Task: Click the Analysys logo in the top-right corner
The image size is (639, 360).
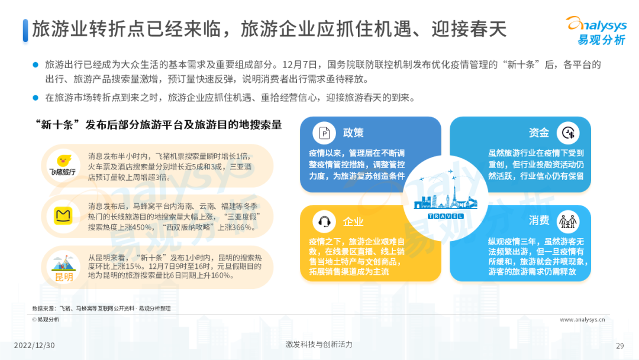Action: pos(596,31)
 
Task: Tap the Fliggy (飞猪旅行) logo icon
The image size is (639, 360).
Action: pos(63,165)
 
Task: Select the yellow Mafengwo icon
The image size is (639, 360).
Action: pos(63,216)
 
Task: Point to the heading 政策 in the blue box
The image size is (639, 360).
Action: pos(353,133)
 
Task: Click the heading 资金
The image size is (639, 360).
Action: pos(539,133)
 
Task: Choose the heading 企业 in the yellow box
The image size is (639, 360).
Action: pos(353,222)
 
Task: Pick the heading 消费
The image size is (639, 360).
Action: pos(539,221)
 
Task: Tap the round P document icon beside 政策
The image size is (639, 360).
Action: pos(324,133)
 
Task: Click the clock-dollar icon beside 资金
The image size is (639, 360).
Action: pos(568,133)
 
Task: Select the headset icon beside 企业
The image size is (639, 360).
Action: pos(324,221)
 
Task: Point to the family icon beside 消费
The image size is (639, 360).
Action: pos(568,221)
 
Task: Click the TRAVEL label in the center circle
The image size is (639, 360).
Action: pos(446,216)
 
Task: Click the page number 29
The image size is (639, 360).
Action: pos(620,346)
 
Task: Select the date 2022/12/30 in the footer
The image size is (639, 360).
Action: pos(34,345)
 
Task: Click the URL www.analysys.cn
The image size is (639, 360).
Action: pos(582,320)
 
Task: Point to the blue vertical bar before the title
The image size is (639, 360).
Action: pos(25,31)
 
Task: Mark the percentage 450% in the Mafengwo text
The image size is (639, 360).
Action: pos(140,227)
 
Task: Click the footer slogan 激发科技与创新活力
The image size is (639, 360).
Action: pos(319,345)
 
